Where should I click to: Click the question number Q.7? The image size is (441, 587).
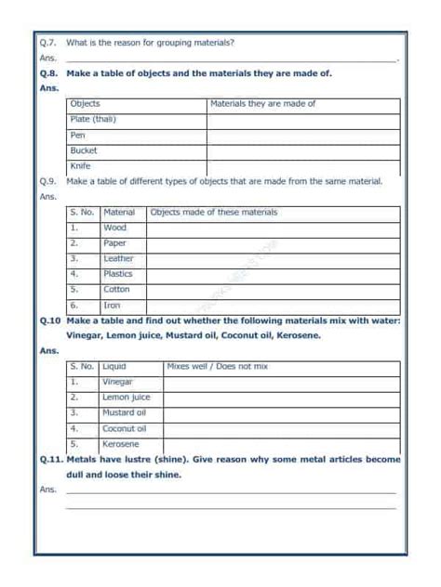click(48, 43)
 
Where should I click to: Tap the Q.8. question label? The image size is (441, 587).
click(49, 72)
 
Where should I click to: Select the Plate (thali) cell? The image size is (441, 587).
click(94, 120)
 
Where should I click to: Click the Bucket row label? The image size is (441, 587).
click(84, 150)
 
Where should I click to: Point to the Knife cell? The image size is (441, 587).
click(81, 166)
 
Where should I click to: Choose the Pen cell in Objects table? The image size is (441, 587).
click(78, 136)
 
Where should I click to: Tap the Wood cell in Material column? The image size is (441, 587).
click(115, 228)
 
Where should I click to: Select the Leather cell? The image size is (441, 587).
click(118, 259)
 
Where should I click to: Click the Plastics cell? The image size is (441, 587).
click(118, 274)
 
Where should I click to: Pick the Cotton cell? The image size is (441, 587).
click(117, 290)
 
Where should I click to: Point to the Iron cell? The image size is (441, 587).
click(112, 305)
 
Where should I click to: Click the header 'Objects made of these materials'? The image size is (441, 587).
click(214, 213)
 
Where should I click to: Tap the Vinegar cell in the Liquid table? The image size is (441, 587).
click(118, 382)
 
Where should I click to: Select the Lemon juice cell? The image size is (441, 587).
click(127, 397)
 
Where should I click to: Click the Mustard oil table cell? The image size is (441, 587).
click(125, 412)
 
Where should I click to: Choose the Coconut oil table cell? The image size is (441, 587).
click(125, 428)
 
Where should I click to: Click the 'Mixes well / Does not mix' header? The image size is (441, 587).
click(218, 366)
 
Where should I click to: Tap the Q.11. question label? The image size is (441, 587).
click(51, 459)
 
